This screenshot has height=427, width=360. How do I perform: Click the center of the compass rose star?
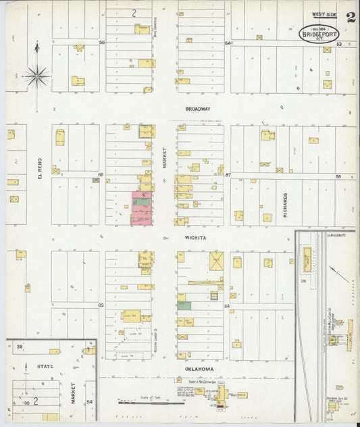[37, 75]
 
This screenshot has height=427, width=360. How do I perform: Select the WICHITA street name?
[199, 238]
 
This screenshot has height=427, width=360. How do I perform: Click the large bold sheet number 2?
[351, 17]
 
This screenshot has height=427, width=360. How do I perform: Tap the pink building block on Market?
[142, 207]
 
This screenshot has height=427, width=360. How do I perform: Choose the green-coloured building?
[184, 305]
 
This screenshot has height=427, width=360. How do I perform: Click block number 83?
[101, 305]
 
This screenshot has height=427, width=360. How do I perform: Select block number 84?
[228, 305]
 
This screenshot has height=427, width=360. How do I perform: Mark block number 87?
[228, 175]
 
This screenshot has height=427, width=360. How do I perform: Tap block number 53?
[340, 44]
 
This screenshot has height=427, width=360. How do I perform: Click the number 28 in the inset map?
[20, 347]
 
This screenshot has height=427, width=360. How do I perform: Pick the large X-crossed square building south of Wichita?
[216, 261]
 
